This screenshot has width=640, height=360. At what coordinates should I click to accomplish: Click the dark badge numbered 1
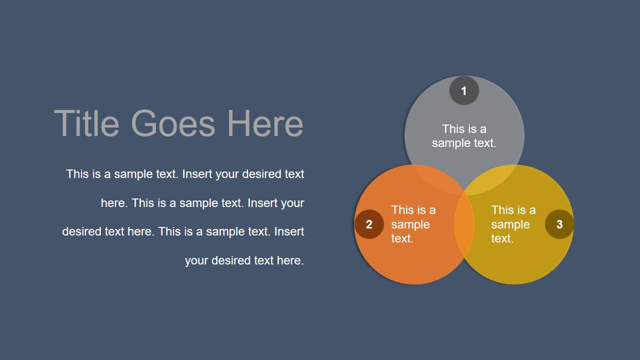[x=464, y=91]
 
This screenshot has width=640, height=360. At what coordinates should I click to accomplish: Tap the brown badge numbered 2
[x=369, y=224]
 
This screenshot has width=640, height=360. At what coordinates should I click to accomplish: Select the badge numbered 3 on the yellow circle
[x=559, y=224]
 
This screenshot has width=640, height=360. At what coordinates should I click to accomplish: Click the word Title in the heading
[x=86, y=123]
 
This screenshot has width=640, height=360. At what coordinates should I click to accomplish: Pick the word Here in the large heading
[x=265, y=123]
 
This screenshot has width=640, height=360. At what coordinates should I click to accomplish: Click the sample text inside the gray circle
[x=464, y=136]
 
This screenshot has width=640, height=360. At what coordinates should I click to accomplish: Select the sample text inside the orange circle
[x=413, y=224]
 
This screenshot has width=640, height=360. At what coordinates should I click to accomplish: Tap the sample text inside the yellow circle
[x=513, y=224]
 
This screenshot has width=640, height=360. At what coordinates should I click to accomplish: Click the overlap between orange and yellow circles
[x=464, y=224]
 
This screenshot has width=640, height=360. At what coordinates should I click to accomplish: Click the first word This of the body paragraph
[x=77, y=174]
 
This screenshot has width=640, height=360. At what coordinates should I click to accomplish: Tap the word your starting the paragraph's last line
[x=196, y=260]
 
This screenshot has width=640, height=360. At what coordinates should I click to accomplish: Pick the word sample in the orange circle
[x=410, y=224]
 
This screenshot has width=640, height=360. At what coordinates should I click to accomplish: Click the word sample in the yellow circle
[x=510, y=224]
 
